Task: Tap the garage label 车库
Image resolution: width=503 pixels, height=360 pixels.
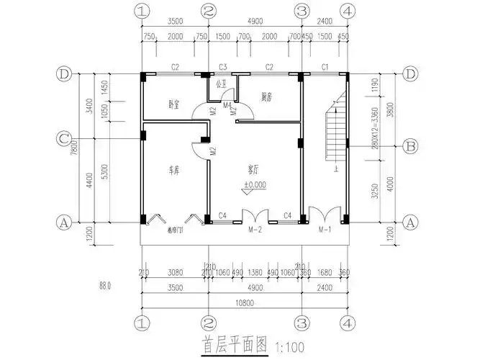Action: [x=174, y=171]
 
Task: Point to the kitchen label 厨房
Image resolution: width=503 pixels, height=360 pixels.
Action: [x=266, y=96]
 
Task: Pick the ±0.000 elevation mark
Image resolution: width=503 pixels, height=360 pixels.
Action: [x=255, y=184]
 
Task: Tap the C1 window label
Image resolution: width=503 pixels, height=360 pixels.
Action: [x=325, y=67]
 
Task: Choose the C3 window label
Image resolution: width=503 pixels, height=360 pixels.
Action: [x=223, y=67]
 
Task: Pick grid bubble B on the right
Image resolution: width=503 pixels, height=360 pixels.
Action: [x=411, y=146]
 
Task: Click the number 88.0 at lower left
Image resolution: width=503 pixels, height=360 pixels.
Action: [x=104, y=286]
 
